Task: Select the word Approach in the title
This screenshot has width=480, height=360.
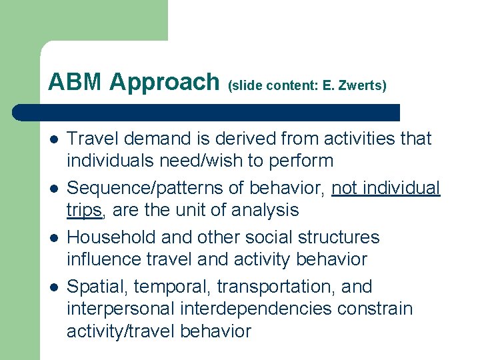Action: click(x=164, y=82)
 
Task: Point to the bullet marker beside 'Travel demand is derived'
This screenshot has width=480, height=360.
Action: click(x=53, y=140)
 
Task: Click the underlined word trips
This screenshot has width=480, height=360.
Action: click(x=83, y=211)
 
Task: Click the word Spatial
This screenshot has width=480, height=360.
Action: click(x=98, y=287)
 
